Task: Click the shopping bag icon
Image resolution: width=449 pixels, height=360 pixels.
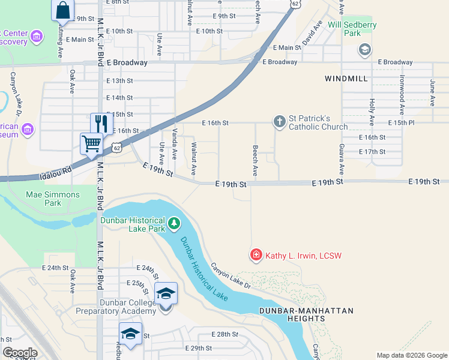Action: [x=62, y=11]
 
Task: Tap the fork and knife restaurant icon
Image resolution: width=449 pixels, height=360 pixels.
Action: [x=101, y=124]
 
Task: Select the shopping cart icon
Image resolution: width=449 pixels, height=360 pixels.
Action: [x=91, y=143]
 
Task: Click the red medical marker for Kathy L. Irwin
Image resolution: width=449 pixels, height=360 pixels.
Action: [x=256, y=256]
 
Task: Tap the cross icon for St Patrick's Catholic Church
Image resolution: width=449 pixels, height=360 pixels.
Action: [x=279, y=122]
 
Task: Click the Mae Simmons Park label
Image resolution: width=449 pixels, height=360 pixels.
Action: [x=53, y=199]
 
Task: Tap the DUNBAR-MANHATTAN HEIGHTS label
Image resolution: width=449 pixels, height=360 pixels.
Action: [x=307, y=314]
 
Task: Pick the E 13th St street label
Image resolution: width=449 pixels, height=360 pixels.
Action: [x=119, y=80]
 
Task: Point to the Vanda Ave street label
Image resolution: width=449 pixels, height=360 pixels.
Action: [x=175, y=144]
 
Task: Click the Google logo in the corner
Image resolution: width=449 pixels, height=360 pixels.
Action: [x=20, y=353]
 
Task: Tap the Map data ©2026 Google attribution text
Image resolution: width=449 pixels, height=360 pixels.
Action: [x=411, y=355]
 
